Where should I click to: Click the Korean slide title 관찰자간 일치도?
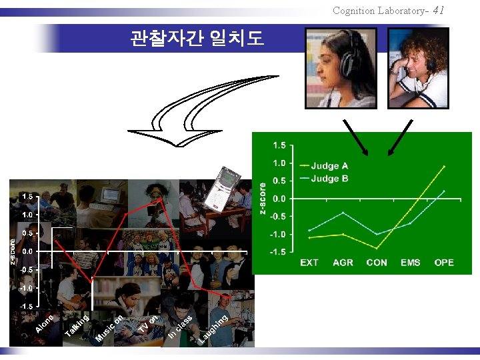point(197,39)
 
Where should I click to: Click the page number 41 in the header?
point(438,10)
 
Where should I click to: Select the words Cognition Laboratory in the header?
point(381,11)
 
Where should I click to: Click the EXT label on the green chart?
point(309,263)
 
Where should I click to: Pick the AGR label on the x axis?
point(343,263)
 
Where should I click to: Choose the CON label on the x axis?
point(377,263)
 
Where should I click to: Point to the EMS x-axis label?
point(411,263)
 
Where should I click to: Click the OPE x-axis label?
point(444,263)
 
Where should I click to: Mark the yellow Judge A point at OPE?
point(444,167)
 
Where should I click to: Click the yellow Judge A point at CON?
point(377,248)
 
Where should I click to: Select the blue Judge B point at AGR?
point(343,213)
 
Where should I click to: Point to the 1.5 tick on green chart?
point(280,145)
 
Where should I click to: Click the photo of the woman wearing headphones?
point(340,67)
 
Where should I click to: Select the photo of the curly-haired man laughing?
point(418,67)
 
